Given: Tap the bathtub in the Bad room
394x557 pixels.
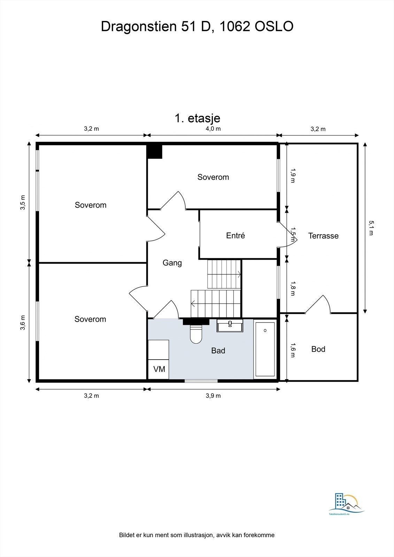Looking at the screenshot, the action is point(265,349).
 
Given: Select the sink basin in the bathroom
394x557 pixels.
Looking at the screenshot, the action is point(230,325).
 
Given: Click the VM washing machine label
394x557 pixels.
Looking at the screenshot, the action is point(159,369).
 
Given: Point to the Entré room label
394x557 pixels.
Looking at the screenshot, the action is point(235,235).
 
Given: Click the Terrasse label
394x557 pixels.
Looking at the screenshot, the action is point(323,236).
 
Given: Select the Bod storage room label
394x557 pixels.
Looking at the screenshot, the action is point(318,349).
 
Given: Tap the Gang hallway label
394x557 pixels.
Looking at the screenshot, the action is point(172,263).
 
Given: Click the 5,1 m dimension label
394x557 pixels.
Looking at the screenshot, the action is point(371,228).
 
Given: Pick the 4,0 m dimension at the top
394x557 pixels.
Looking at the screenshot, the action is point(213,128).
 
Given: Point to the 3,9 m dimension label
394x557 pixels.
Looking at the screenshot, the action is point(213,395).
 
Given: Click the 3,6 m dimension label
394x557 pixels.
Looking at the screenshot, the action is point(23,323).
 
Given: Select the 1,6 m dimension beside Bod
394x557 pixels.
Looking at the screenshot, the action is point(293,350).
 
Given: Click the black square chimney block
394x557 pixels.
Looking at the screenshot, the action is point(154,152).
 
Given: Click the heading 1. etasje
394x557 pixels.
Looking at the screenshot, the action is point(198,118).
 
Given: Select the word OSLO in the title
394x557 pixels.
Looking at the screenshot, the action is point(274,26).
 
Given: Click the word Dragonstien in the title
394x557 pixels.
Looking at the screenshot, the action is point(139,26).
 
